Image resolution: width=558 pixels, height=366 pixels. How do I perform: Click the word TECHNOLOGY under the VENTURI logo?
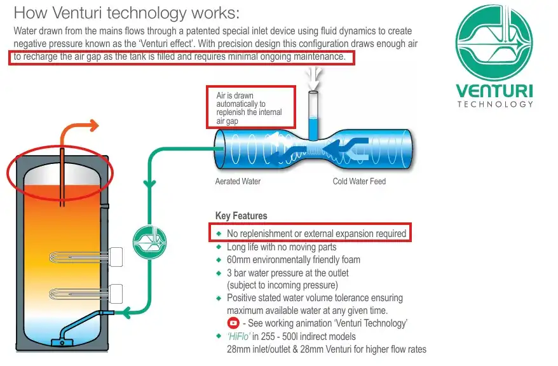click(495, 104)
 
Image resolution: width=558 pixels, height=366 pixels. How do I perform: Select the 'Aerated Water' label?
click(238, 181)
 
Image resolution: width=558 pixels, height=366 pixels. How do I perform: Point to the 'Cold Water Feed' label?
click(359, 181)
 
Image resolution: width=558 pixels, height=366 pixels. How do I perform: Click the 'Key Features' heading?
click(241, 216)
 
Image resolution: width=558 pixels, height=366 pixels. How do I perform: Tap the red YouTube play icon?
click(233, 323)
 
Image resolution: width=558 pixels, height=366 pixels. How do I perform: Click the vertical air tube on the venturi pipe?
click(313, 114)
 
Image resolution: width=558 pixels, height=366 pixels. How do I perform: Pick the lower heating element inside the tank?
click(83, 293)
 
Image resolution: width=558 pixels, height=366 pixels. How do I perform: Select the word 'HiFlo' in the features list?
click(240, 336)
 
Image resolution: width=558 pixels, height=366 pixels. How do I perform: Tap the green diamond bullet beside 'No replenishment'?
click(219, 234)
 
